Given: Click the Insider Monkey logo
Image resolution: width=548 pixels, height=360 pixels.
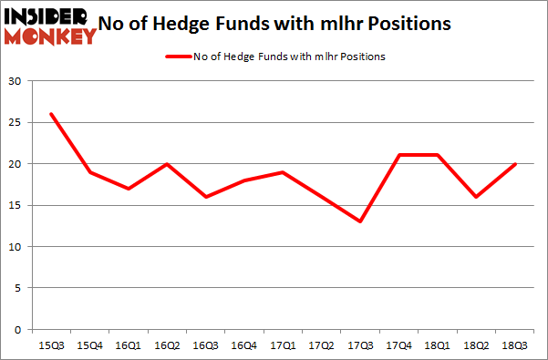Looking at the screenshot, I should pos(49,26).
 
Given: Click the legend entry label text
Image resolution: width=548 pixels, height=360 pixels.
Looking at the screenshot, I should pos(289,57).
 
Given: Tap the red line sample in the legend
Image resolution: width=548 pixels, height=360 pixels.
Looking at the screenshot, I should pos(178,57).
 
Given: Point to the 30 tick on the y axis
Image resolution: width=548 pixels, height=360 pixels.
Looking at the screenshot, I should pos(16,81).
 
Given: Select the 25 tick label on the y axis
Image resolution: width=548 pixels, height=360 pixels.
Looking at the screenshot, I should pos(16,122).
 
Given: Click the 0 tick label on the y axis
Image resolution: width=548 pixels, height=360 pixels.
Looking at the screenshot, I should pos(18,329).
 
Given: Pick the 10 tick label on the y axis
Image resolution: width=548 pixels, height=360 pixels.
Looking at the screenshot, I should pos(16,246).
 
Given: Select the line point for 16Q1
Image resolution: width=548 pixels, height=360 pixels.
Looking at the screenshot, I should pos(129,189).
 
